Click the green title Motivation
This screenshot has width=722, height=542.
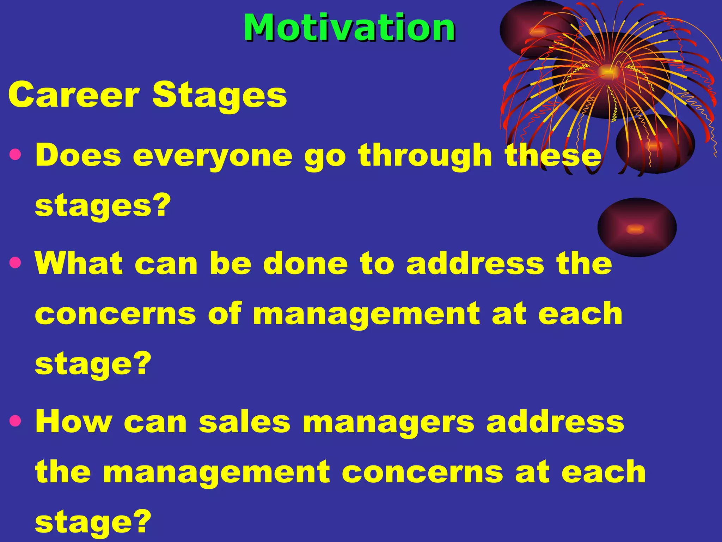pyautogui.click(x=349, y=28)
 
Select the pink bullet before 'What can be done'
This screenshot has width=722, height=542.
pyautogui.click(x=16, y=263)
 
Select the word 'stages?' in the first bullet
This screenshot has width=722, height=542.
pyautogui.click(x=103, y=206)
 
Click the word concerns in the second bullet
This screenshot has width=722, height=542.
pyautogui.click(x=115, y=314)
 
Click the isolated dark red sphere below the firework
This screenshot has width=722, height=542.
pyautogui.click(x=637, y=227)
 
